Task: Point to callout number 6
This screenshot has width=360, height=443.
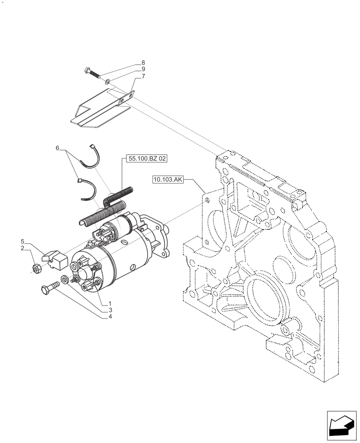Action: [57, 148]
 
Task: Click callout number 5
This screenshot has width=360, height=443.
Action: [22, 241]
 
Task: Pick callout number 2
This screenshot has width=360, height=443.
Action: [22, 248]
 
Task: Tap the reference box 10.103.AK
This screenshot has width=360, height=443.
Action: [168, 179]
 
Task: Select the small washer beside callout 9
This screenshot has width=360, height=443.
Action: [108, 82]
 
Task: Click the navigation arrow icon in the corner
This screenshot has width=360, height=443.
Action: [341, 426]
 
